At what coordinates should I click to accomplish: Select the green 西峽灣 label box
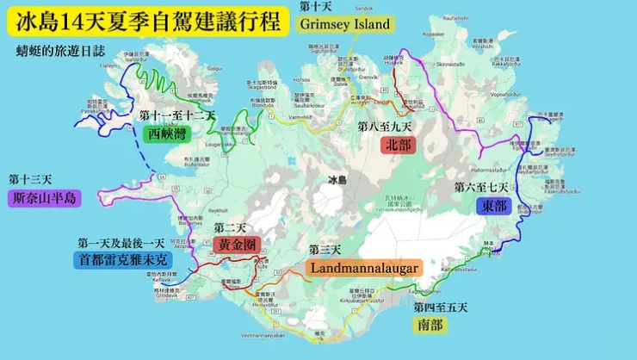tap(167, 134)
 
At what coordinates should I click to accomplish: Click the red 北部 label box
tap(399, 145)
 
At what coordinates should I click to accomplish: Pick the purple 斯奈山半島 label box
tap(44, 199)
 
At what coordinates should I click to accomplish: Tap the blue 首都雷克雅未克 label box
tap(123, 259)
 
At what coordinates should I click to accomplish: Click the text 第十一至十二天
tap(177, 115)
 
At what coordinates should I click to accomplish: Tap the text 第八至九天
tap(385, 127)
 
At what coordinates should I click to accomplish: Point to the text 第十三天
tap(31, 179)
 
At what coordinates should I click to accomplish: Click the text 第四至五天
tap(440, 307)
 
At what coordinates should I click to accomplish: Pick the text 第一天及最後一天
tap(121, 242)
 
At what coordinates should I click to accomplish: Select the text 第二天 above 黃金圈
tap(232, 227)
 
